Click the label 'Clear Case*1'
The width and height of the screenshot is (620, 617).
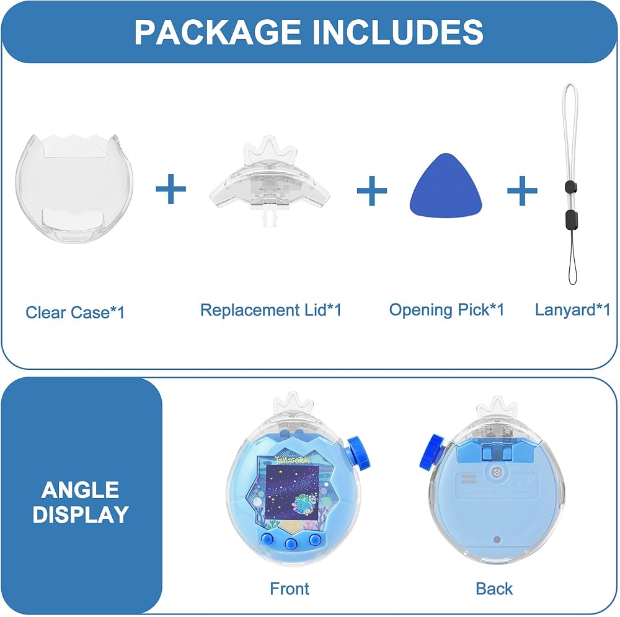coord(75,312)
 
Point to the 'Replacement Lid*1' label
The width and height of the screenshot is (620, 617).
coord(271,310)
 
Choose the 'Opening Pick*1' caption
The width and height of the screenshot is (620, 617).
coord(446,310)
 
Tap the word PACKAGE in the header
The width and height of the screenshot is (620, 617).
coord(218,32)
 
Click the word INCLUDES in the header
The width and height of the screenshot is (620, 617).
coord(397,32)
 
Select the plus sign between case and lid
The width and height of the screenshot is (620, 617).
coord(170,189)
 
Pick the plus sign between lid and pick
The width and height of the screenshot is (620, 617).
coord(372,190)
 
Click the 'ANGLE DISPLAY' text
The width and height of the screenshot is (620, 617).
coord(81,502)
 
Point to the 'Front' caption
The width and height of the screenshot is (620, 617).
coord(290,589)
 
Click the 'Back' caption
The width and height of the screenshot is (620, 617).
coord(494,589)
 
